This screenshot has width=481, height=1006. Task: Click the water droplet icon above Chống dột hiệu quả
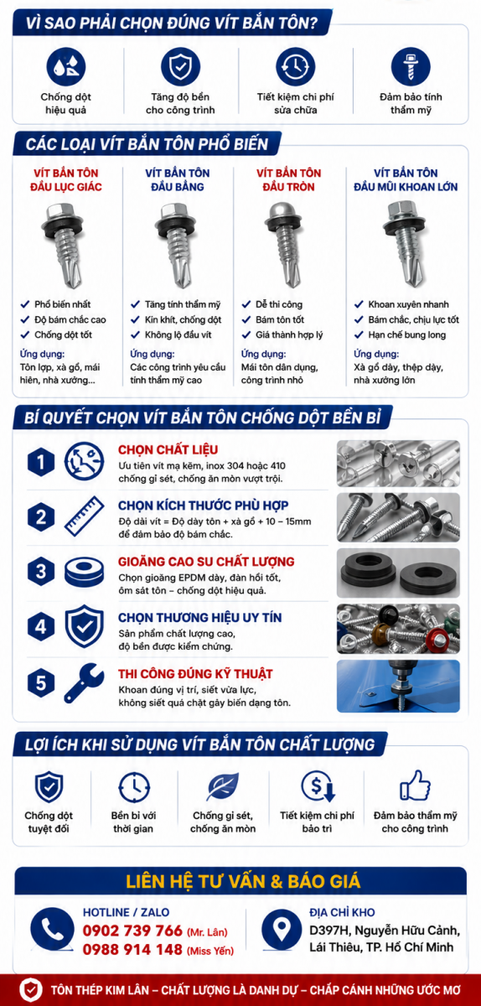click(x=66, y=66)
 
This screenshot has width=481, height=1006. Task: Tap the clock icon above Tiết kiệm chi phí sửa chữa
click(x=296, y=66)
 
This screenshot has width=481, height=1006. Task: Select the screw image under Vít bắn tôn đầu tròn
click(x=285, y=244)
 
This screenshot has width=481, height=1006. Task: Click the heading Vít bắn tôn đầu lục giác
click(x=66, y=179)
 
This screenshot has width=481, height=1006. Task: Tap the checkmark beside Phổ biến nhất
click(x=25, y=304)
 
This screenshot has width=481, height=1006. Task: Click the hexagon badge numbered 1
click(x=41, y=462)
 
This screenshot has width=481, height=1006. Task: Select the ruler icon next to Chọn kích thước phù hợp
click(x=84, y=516)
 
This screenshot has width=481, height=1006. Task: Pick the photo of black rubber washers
click(x=398, y=573)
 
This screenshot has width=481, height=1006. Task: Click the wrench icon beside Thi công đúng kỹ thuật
click(x=84, y=683)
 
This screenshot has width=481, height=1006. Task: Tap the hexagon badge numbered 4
click(x=41, y=626)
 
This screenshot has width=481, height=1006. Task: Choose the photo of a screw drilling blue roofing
click(x=398, y=686)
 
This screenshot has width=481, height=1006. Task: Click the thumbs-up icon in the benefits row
click(x=415, y=786)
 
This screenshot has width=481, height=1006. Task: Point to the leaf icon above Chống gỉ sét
click(x=223, y=786)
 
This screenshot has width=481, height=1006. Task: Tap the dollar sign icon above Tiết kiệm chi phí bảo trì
click(x=318, y=786)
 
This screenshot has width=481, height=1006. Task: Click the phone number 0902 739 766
click(x=132, y=930)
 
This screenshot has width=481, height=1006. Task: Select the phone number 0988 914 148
click(x=132, y=949)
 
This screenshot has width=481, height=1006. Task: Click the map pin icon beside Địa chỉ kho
click(x=282, y=930)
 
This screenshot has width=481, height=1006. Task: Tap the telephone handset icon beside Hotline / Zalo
click(x=52, y=929)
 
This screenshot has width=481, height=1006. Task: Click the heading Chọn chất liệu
click(x=168, y=449)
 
